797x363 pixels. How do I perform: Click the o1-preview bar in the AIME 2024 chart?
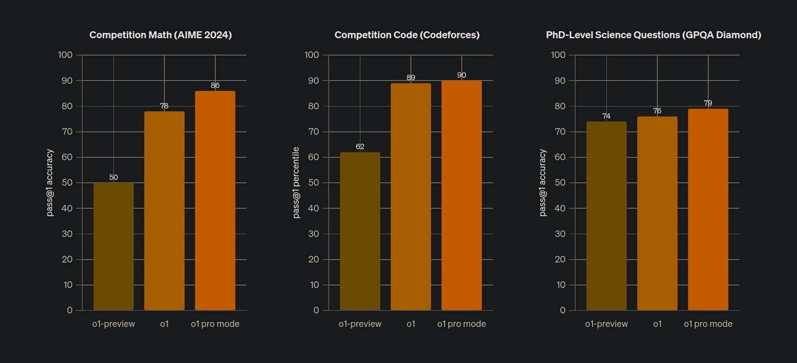114,246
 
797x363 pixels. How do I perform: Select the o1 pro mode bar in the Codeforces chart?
461,195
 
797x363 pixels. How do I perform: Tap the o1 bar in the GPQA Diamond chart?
657,213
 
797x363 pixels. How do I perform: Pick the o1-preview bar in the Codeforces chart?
360,231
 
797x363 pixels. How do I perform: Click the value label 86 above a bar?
215,86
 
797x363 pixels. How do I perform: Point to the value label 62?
360,147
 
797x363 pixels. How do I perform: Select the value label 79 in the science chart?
708,103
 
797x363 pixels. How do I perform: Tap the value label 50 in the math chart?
114,177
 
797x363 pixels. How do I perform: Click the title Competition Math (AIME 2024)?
160,35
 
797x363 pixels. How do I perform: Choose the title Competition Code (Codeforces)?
407,35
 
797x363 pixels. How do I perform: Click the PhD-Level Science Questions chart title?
654,35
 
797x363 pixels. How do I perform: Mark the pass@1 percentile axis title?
296,182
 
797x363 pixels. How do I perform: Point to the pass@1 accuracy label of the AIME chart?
50,182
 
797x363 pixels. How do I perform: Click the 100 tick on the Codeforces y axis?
312,55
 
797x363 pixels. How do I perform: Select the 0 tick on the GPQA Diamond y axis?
562,310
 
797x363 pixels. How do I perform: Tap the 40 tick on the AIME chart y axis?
67,208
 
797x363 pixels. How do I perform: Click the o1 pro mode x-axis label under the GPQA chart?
708,324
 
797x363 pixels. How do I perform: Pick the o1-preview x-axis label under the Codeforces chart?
360,324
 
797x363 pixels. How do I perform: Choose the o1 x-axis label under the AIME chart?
164,324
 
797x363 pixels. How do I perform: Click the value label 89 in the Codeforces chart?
410,78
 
